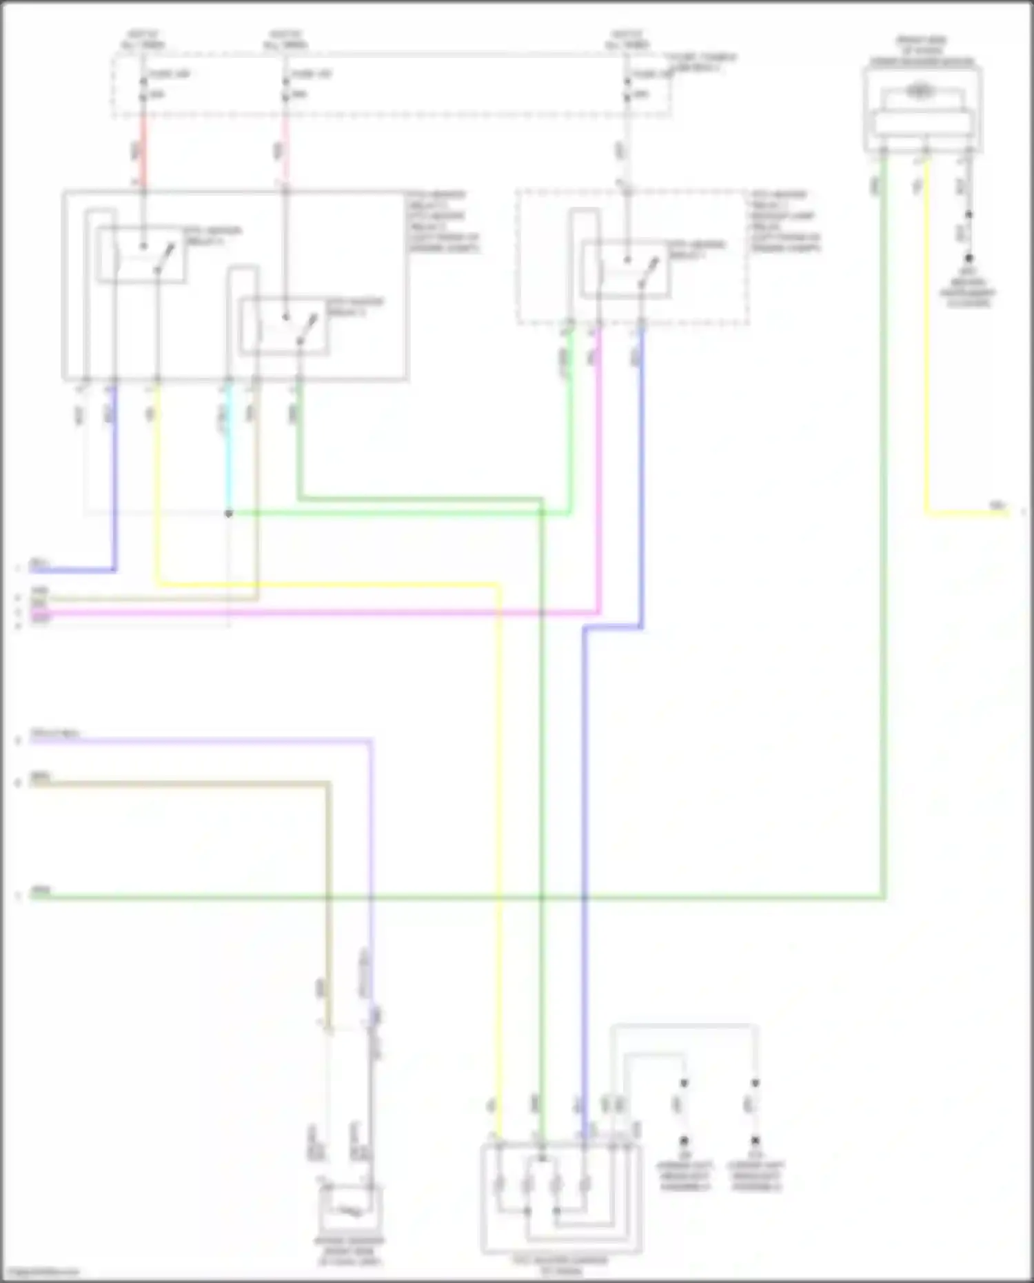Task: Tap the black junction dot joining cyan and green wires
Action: [229, 514]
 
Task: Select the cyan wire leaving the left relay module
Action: [229, 448]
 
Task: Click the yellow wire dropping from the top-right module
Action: [926, 345]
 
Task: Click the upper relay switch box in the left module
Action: [141, 255]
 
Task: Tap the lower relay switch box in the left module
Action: [284, 327]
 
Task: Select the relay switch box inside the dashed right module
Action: [626, 269]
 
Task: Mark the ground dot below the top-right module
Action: [969, 259]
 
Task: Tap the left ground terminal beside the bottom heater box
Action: [684, 1141]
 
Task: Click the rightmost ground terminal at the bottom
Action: [756, 1141]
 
